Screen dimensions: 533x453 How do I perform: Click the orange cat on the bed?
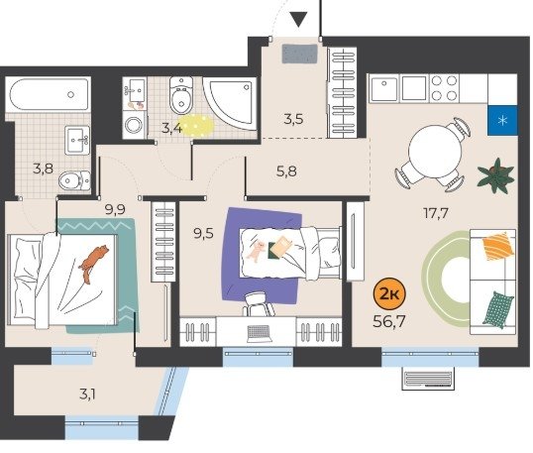tap(93, 263)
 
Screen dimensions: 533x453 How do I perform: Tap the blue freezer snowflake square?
tap(502, 120)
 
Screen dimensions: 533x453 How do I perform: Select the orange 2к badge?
tap(389, 293)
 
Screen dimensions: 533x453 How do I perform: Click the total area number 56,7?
tap(389, 321)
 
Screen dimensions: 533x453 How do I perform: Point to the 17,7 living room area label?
tap(436, 213)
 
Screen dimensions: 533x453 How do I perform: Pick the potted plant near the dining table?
tap(495, 175)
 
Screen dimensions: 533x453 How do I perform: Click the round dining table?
tap(435, 151)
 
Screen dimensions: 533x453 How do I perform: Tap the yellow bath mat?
tap(196, 126)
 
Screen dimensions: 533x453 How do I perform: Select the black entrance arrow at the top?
tap(299, 19)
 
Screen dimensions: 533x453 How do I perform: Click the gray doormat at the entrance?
tap(299, 54)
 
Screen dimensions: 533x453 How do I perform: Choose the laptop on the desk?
tap(259, 334)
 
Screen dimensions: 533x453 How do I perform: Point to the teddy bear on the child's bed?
tap(257, 251)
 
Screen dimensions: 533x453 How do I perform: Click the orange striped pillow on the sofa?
tap(497, 246)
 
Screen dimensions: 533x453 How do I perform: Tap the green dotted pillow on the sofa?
tap(498, 309)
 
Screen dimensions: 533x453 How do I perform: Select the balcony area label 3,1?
tap(87, 395)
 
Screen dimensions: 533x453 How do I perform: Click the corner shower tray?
tap(230, 103)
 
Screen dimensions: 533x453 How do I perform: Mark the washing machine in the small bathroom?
tap(135, 125)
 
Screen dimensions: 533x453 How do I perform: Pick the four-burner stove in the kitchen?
tap(444, 88)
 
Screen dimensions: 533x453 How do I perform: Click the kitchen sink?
tap(383, 88)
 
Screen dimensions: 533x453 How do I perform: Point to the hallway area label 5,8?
tap(286, 171)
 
